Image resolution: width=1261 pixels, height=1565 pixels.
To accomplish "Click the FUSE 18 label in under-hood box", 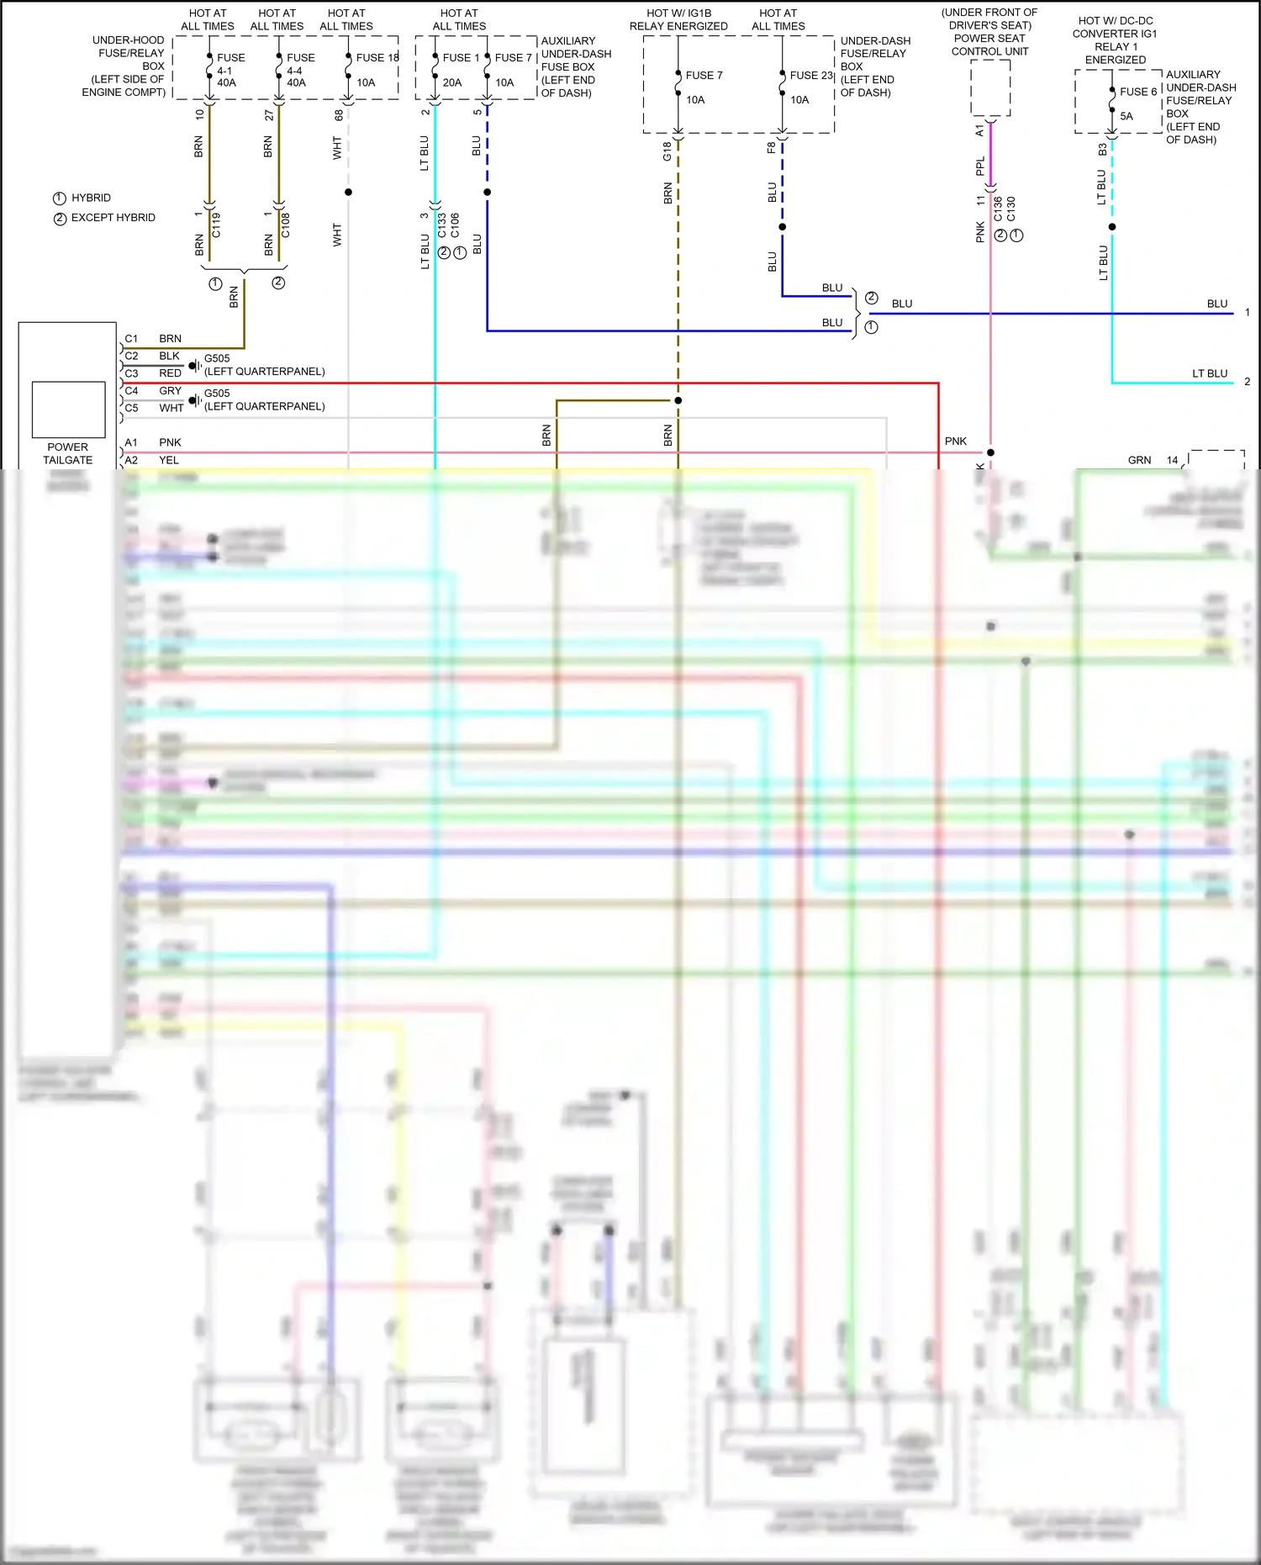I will pos(376,58).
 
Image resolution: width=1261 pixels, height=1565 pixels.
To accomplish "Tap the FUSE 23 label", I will pos(810,76).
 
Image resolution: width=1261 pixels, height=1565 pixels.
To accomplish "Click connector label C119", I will pos(216,225).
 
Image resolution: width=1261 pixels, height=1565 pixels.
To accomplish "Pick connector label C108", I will pos(286,225).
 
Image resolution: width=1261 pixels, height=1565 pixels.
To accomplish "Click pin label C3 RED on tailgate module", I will pos(153,373).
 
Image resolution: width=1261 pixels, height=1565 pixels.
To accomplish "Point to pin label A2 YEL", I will pos(152,460).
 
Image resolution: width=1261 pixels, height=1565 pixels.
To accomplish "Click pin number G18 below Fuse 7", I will pos(667,151).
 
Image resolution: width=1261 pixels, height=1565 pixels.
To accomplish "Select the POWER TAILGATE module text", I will pos(68,453).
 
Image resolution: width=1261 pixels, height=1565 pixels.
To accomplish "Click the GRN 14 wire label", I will pos(1152,460).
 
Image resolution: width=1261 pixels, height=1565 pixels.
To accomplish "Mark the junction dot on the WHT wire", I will pos(348,193).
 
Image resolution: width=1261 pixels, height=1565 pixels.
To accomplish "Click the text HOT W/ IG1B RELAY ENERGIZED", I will pos(678,20).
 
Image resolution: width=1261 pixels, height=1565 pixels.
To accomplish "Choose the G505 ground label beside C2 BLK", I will pos(217,358).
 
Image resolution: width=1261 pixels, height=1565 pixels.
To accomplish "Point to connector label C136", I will pos(998,209).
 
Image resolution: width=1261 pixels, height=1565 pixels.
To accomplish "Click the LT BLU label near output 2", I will pos(1209,373).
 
